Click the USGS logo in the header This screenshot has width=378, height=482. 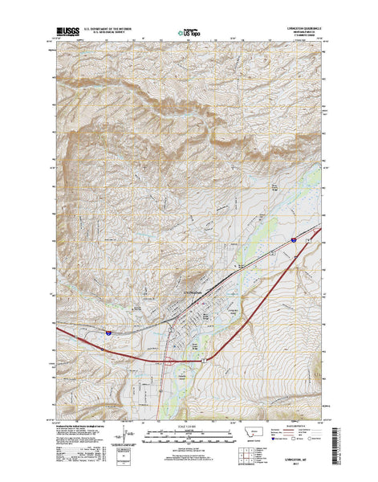click(x=67, y=32)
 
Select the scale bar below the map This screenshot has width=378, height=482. click(x=189, y=439)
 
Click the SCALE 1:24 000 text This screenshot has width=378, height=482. click(x=189, y=425)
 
